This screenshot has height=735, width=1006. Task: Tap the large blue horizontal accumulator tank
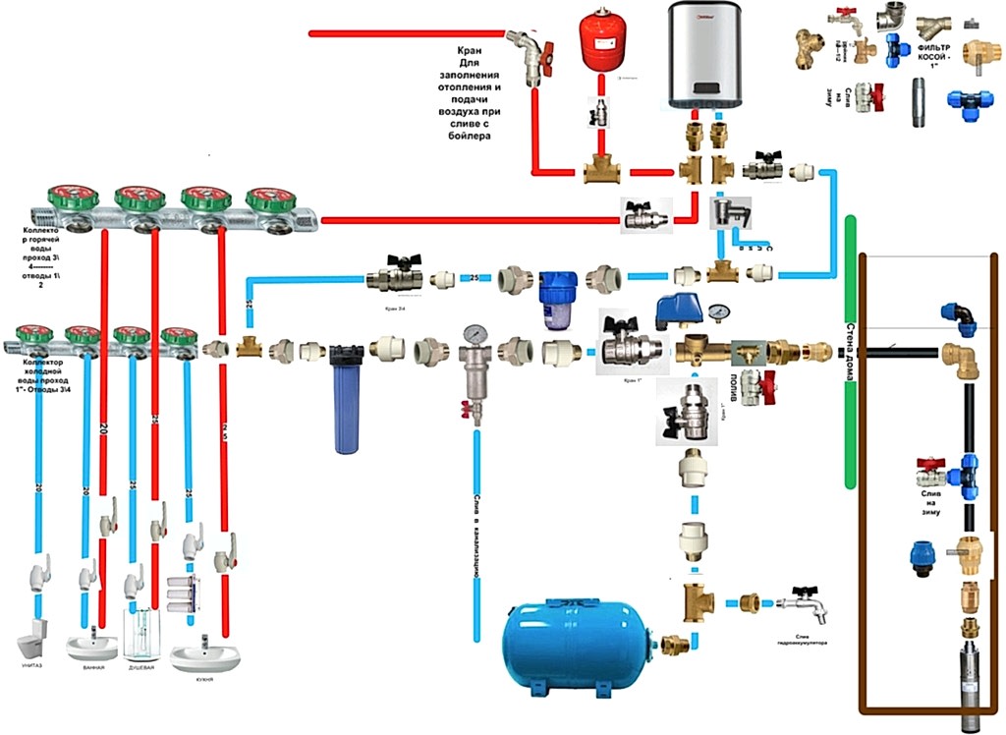(x=575, y=640)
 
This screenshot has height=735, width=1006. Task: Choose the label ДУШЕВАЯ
(x=140, y=669)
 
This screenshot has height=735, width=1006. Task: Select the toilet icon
(x=32, y=644)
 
